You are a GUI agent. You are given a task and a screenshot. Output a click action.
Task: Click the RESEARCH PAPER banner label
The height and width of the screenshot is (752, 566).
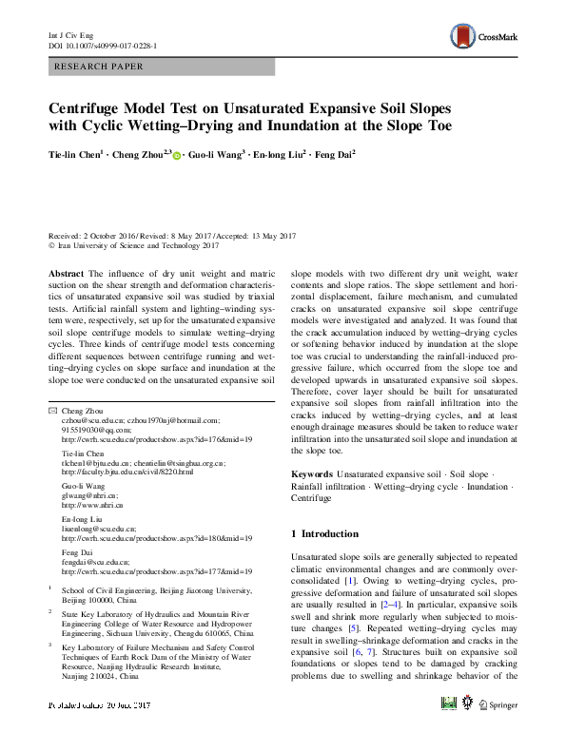tap(102, 67)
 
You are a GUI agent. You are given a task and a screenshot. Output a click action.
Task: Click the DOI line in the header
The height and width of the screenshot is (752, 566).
tap(103, 45)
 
